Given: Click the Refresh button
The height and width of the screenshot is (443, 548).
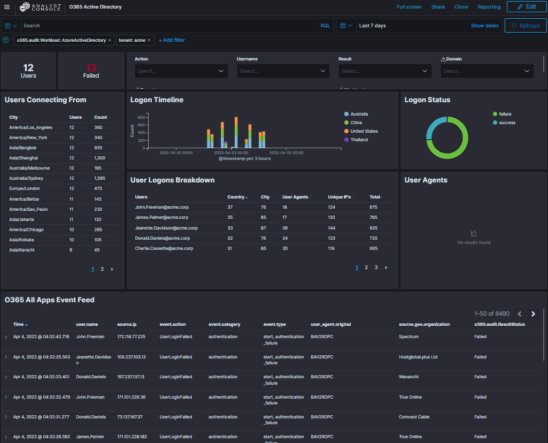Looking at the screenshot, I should [x=526, y=26].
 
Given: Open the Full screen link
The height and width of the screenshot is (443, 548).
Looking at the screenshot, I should [x=409, y=7].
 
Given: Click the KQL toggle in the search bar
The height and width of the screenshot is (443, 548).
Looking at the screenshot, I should [x=325, y=26].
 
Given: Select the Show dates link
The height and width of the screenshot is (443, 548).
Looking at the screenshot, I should [x=484, y=26].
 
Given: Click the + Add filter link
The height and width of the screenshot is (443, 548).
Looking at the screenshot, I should [x=172, y=40].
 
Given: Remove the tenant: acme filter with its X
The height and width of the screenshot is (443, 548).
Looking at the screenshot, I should [x=149, y=40].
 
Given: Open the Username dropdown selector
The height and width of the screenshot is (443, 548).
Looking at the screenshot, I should [x=283, y=71].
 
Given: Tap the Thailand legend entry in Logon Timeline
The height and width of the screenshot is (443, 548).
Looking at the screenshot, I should [x=359, y=140].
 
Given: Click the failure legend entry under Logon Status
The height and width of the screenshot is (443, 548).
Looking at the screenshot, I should [x=505, y=114].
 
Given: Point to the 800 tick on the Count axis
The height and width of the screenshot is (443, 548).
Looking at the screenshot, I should [x=142, y=117].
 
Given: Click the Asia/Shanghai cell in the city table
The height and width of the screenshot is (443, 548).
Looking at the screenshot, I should [x=24, y=158].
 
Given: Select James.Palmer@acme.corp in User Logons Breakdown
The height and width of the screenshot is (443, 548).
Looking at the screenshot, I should [x=161, y=217].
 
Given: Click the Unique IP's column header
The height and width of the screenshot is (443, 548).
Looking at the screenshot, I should [x=339, y=197].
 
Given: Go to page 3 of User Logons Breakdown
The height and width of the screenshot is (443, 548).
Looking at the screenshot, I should [x=376, y=268].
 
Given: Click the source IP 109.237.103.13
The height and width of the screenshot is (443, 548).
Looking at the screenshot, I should [x=132, y=357].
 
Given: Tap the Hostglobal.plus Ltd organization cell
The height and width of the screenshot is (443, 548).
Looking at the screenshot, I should [x=418, y=357].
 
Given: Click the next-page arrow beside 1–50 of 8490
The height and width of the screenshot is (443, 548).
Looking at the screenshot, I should [x=533, y=314].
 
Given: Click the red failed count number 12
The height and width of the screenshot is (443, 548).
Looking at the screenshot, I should [x=91, y=67].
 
